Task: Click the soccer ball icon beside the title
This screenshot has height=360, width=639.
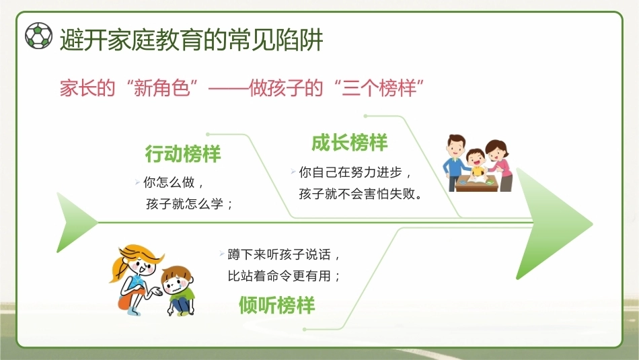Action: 39,36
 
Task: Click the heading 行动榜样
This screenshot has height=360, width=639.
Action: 183,153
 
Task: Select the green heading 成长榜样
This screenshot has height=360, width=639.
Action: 349,143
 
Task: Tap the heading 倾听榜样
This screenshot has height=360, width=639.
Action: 276,305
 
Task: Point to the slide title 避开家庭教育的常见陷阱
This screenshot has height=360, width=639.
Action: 192,40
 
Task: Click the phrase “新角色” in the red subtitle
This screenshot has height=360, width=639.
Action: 162,87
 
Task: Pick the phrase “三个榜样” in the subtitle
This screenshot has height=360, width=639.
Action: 379,87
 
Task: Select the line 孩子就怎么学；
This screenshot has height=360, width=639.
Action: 190,203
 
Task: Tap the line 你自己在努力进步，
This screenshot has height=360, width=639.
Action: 355,172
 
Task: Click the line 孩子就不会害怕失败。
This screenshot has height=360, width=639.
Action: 361,194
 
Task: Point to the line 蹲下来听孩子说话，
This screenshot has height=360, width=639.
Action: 284,254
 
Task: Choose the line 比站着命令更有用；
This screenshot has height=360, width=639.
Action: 284,276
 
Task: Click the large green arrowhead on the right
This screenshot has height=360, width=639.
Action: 554,223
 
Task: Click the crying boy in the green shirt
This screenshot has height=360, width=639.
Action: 178,290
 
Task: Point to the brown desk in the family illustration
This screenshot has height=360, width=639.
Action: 477,184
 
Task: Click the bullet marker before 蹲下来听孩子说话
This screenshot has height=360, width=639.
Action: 222,254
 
